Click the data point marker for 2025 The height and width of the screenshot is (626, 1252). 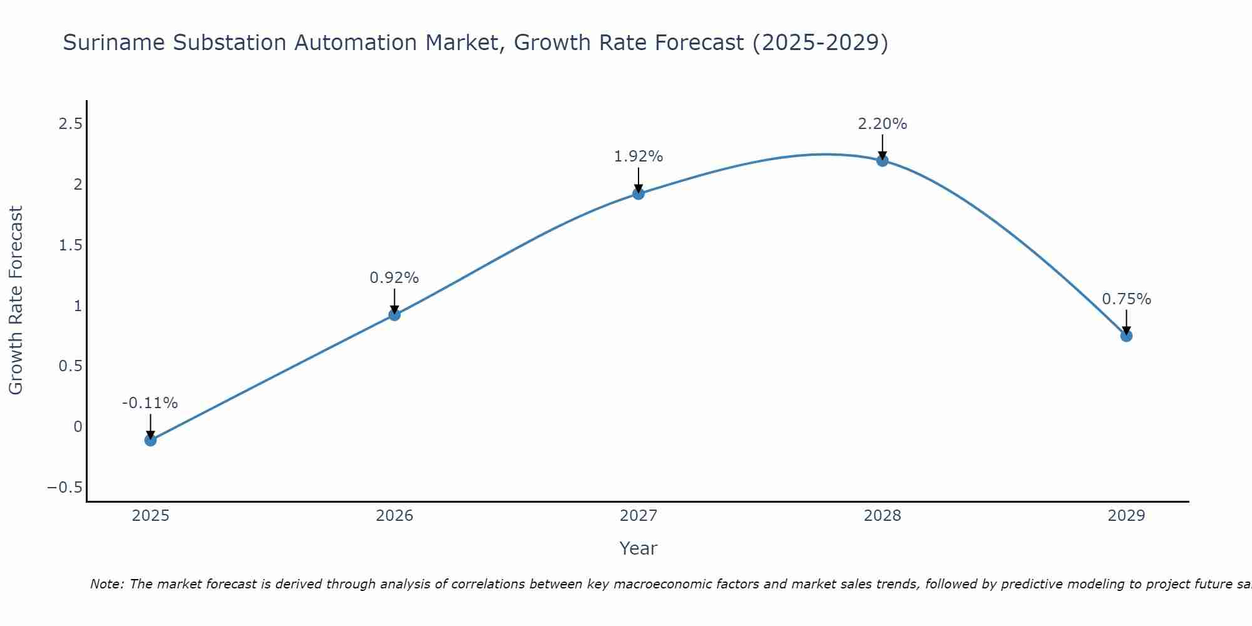point(150,440)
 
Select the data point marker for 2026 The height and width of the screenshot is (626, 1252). point(394,314)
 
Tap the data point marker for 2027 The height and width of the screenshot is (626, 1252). point(639,193)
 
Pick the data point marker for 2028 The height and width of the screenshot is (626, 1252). point(882,160)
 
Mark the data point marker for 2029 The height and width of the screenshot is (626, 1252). point(1126,336)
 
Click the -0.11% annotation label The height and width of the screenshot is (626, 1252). point(150,403)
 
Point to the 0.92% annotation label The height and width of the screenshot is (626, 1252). point(394,278)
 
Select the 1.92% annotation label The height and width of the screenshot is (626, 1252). point(639,156)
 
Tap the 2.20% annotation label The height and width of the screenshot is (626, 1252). point(882,124)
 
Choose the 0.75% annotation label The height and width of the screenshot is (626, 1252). point(1126,299)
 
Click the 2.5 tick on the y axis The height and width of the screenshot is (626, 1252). point(70,124)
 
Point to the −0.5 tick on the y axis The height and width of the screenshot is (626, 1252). point(64,488)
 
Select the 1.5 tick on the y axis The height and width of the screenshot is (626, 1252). point(70,245)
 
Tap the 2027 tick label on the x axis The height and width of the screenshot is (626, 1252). point(639,516)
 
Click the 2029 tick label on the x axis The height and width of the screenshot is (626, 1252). point(1126,516)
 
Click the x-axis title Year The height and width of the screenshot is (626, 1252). point(639,548)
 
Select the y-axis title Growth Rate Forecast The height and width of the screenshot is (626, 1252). point(16,300)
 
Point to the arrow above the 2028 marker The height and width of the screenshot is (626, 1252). point(882,146)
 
